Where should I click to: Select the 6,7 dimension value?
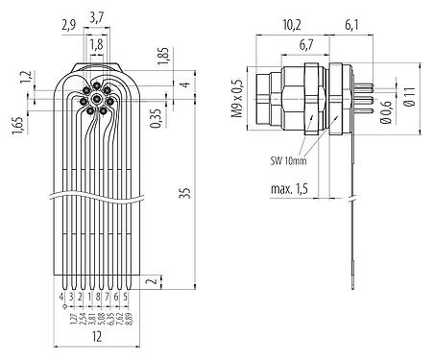point(306,45)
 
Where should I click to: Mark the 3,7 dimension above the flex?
point(97,16)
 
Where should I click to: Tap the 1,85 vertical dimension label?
point(164,58)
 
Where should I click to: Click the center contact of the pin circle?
point(97,100)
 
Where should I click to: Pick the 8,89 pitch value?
point(128,320)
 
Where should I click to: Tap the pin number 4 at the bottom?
point(63,299)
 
